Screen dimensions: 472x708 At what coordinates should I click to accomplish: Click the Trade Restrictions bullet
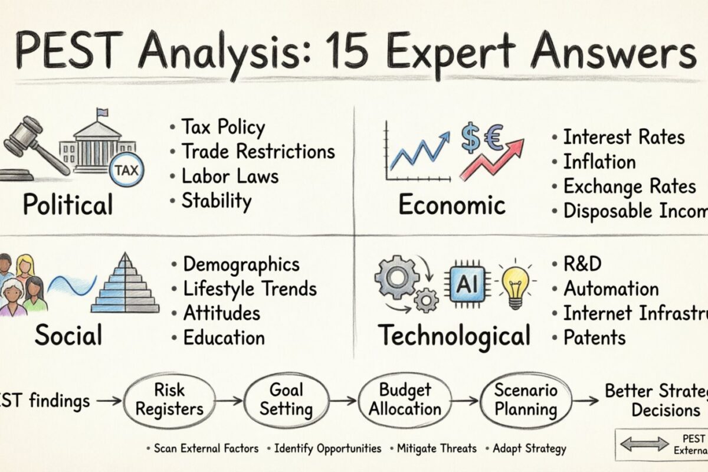[x=258, y=151]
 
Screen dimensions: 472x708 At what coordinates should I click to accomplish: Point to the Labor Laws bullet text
[x=230, y=176]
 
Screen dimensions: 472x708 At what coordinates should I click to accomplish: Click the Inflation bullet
[x=599, y=162]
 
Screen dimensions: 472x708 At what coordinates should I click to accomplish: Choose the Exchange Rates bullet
[x=629, y=186]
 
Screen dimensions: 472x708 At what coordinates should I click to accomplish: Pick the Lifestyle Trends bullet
[x=250, y=289]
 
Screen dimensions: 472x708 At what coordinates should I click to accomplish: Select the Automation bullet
[x=611, y=289]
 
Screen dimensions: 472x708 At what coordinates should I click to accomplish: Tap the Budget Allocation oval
[x=405, y=399]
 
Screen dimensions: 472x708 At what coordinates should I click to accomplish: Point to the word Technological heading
[x=454, y=336]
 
